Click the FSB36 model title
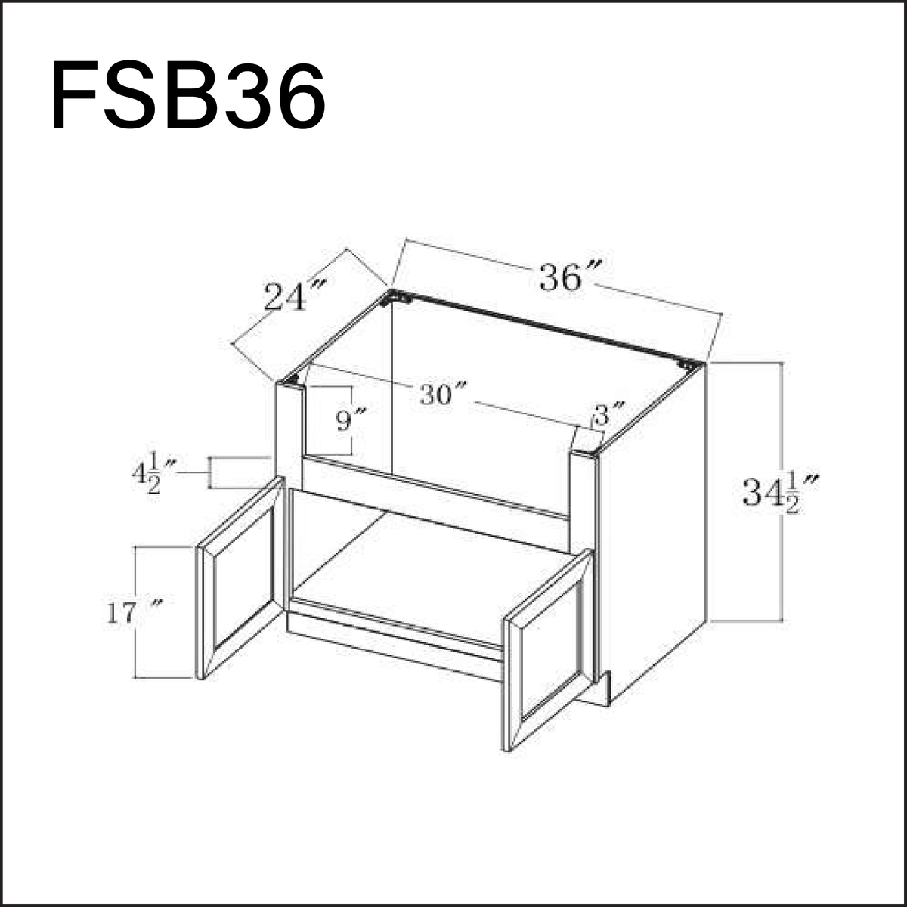[188, 97]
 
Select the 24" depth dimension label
[295, 296]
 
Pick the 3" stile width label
[609, 415]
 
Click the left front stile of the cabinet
[289, 431]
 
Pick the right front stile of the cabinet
[582, 499]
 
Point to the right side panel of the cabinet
[654, 529]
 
